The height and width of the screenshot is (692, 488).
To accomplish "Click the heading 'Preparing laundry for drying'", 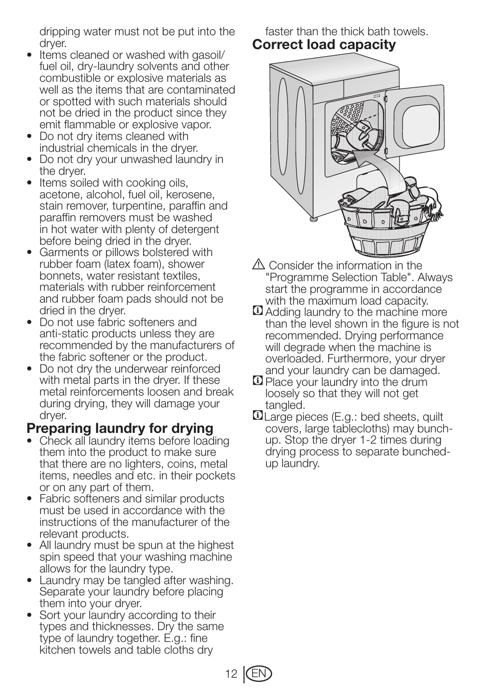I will tap(120, 428).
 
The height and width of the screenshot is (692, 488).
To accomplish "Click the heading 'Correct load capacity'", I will tap(324, 45).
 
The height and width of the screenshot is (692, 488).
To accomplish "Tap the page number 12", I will tap(231, 674).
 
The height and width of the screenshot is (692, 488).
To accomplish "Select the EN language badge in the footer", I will tap(259, 674).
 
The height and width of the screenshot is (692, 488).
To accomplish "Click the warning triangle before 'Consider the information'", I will tap(258, 265).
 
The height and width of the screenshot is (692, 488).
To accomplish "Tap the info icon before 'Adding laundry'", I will tap(258, 311).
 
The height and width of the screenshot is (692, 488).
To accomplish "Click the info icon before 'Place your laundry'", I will tap(258, 381).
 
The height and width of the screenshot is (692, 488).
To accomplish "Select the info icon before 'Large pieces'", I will tap(258, 416).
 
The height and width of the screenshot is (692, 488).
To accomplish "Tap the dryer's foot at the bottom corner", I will tap(312, 220).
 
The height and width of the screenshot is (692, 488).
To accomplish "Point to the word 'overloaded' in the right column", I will tap(293, 359).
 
